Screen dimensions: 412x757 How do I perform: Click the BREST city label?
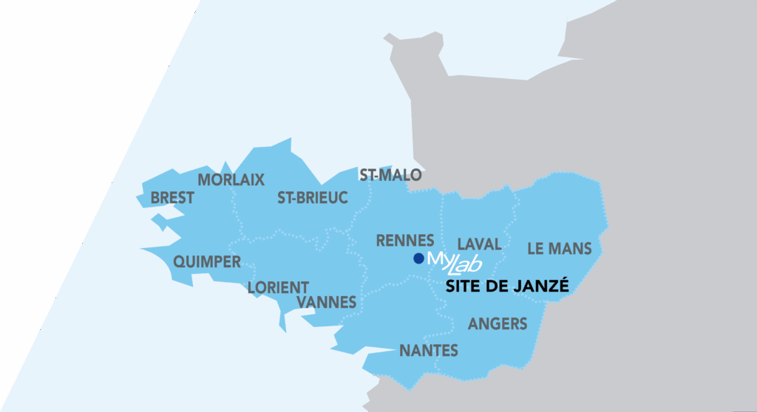pos(172,198)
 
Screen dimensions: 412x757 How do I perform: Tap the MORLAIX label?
pos(231,179)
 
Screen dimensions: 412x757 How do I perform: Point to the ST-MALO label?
pos(390,175)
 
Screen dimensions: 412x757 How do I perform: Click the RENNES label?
pos(404,241)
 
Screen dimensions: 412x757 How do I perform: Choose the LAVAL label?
pos(479,244)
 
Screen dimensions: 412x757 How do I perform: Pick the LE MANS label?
pos(560,249)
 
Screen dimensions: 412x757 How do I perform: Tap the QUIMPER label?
pos(207,262)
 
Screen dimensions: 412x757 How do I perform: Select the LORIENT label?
pos(278,287)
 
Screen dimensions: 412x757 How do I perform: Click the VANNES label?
pos(326,302)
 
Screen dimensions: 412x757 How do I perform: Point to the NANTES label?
pos(429,351)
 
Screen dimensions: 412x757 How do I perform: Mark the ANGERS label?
pos(498,323)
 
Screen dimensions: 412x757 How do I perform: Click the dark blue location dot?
pos(418,258)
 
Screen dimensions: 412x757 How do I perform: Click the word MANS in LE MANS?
pos(571,249)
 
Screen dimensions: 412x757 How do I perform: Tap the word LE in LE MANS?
pos(536,249)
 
